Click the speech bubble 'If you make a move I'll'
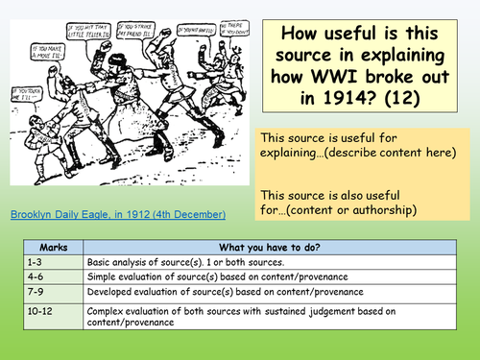(x=51, y=74)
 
